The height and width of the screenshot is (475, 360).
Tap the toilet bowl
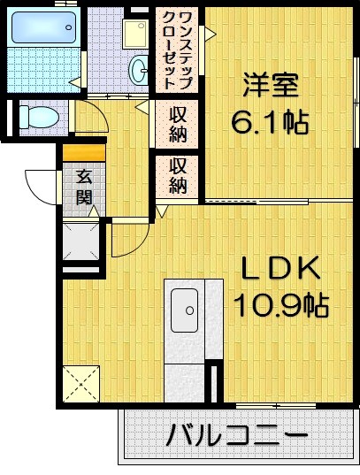(x=38, y=116)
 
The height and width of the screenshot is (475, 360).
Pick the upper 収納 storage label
(x=178, y=124)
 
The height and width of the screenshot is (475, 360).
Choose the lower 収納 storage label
(x=178, y=174)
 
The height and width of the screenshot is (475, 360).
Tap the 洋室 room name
(x=271, y=86)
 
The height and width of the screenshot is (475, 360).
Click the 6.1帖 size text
(x=271, y=121)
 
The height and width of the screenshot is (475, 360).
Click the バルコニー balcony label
(x=237, y=436)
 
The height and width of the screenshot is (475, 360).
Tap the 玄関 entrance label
(x=82, y=188)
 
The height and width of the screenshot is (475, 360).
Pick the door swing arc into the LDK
(x=128, y=236)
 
